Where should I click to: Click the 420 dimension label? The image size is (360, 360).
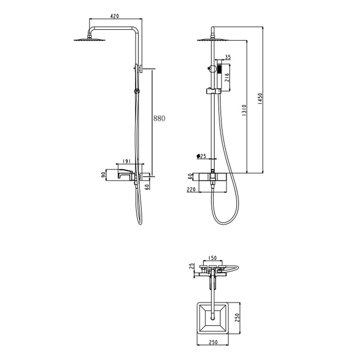point(114,16)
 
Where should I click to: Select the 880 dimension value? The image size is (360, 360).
point(159,118)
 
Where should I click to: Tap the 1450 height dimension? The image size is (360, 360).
point(260,99)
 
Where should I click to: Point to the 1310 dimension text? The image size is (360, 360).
point(244,110)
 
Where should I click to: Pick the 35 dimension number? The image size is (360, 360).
point(228,57)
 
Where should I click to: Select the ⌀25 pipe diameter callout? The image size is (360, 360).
point(201,156)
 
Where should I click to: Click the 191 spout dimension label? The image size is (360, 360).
point(126,161)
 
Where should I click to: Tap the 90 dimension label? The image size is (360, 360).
point(104,175)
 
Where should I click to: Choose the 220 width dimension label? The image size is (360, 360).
point(191,189)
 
